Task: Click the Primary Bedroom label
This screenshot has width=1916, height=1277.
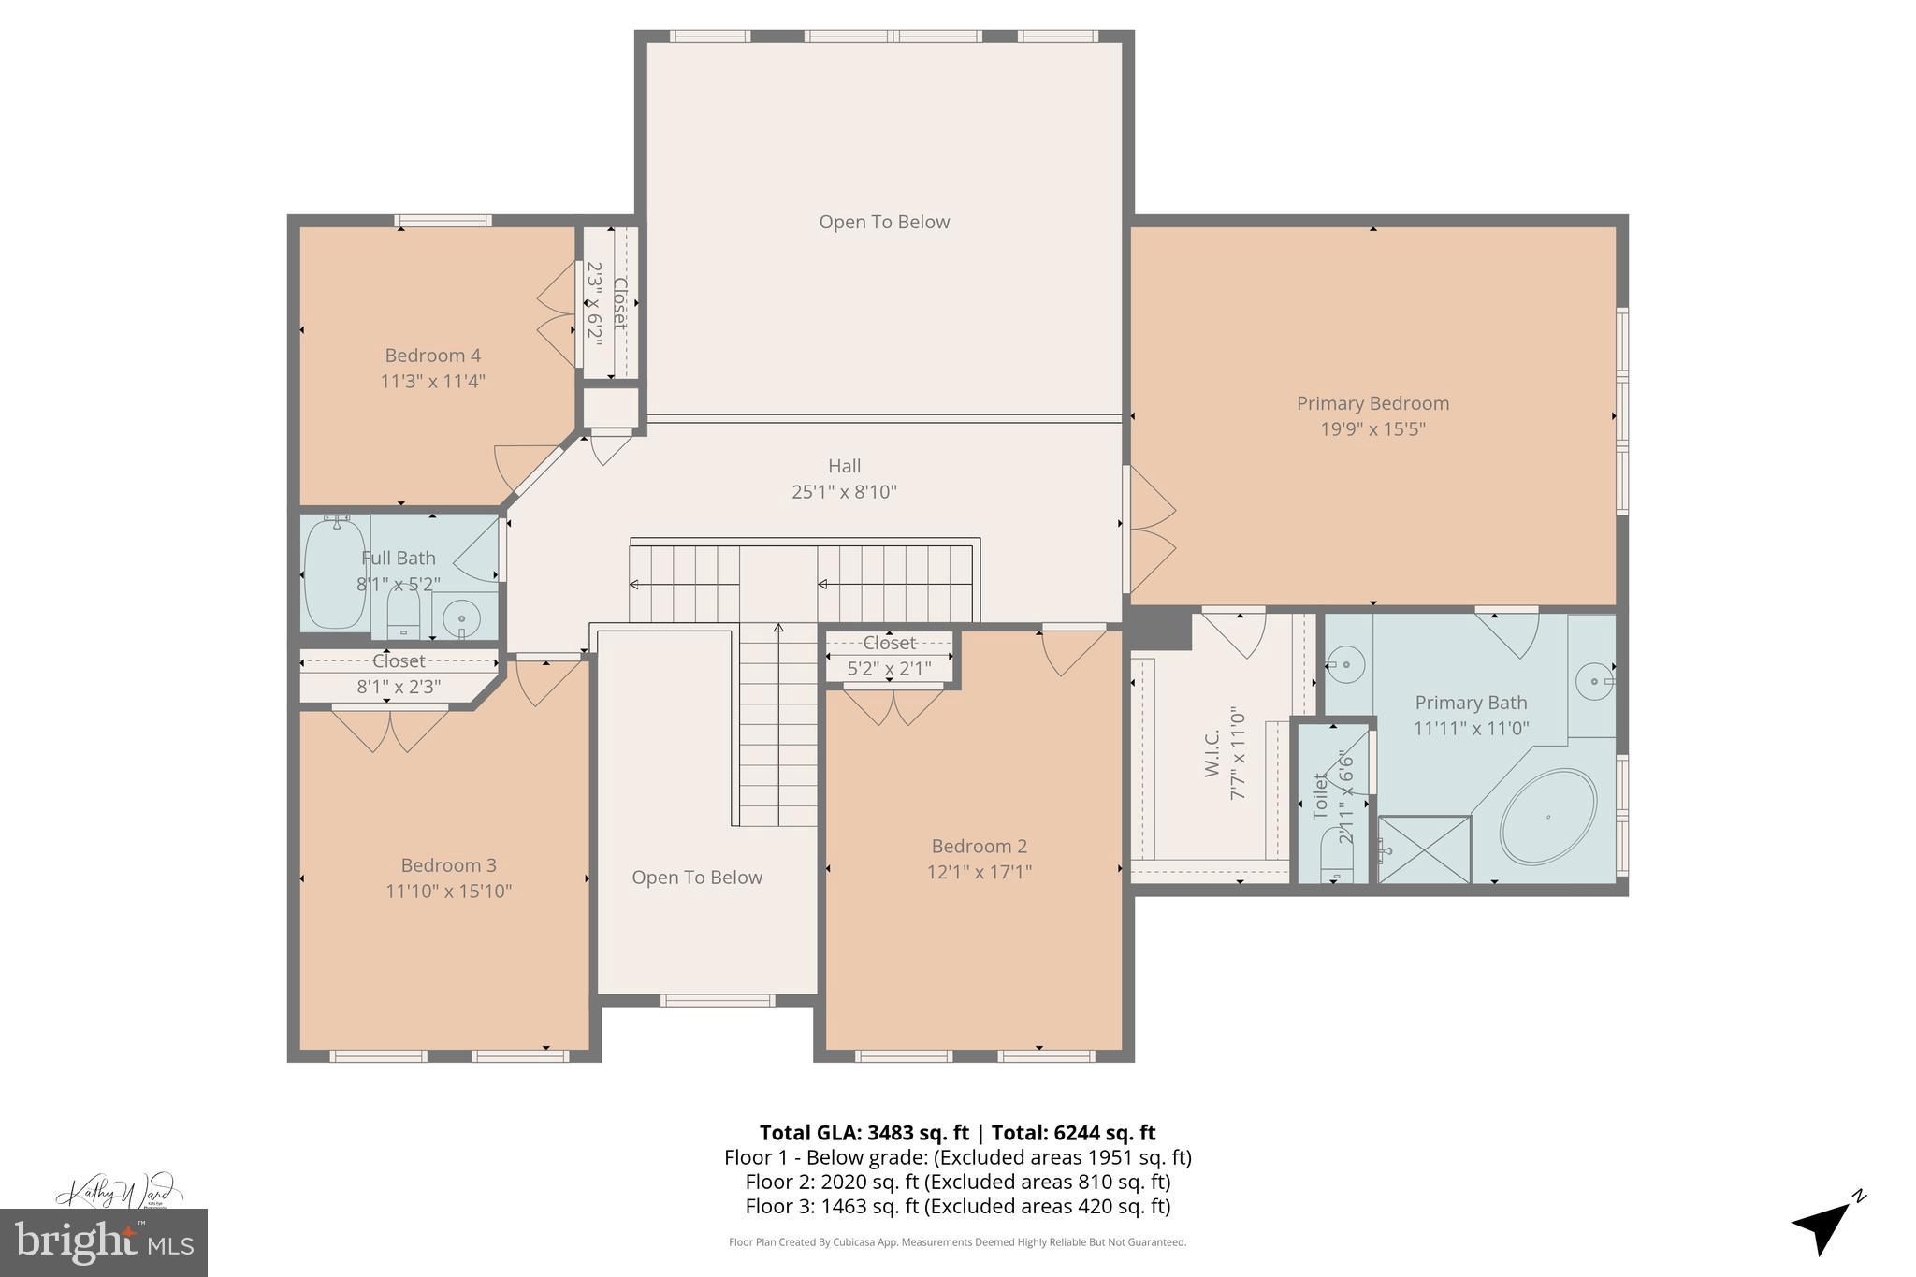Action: click(x=1372, y=403)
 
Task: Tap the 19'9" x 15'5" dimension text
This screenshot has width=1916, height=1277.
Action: click(x=1372, y=429)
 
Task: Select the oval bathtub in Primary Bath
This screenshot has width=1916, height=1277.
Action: click(x=1547, y=816)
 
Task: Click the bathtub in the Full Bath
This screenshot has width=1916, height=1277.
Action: click(x=334, y=573)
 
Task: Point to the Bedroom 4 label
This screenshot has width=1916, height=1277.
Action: click(x=432, y=356)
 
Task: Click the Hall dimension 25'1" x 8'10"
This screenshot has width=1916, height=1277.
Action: click(x=844, y=492)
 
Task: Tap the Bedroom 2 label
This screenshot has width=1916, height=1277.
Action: click(x=979, y=847)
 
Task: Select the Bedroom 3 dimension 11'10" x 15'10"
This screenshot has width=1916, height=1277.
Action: click(x=448, y=892)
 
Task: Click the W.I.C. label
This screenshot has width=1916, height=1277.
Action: click(x=1212, y=753)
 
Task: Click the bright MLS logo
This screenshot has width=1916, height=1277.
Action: click(x=103, y=1242)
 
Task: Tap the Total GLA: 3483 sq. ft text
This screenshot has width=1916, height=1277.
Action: click(x=866, y=1133)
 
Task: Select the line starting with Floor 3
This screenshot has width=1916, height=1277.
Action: click(x=957, y=1206)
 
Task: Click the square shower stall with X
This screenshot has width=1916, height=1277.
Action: click(x=1424, y=849)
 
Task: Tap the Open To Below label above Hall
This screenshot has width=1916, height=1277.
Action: click(x=884, y=223)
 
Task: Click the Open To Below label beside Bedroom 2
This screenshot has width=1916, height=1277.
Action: click(x=697, y=878)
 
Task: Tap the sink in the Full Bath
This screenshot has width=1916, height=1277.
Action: click(x=461, y=617)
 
